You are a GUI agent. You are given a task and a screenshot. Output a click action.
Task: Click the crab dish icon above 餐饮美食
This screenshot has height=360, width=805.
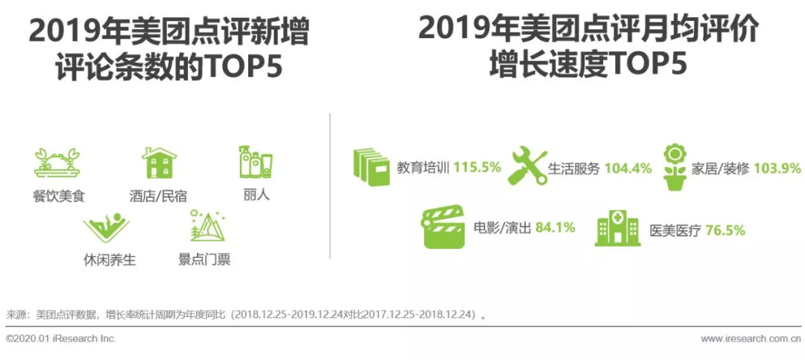57,162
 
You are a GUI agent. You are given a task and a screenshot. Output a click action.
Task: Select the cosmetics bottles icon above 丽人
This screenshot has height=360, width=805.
256,162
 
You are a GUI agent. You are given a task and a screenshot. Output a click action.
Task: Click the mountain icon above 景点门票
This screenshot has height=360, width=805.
207,225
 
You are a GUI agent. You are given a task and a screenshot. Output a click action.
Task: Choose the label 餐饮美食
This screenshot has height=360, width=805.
57,196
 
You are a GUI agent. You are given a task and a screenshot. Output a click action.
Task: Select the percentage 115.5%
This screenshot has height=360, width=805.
477,168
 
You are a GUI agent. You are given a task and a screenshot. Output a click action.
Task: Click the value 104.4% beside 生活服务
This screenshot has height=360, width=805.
628,168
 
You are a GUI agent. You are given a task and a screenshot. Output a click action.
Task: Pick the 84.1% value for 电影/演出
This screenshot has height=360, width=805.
555,227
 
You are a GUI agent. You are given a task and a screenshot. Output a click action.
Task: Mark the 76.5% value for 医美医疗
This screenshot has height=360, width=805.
725,230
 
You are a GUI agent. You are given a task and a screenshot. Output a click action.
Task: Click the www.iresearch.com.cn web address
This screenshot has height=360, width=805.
751,338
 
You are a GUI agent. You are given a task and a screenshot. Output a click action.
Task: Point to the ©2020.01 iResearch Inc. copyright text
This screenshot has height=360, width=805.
61,338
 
